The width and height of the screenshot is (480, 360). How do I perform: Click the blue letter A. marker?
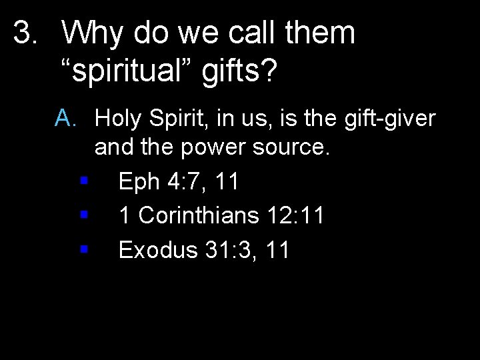point(68,119)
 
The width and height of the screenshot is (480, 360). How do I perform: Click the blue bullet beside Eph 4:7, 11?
point(83,180)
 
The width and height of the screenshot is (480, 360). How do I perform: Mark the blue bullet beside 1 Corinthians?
point(83,215)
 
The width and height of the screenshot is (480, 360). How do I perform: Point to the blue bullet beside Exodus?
point(83,249)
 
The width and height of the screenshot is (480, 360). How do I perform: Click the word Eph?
point(141,181)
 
